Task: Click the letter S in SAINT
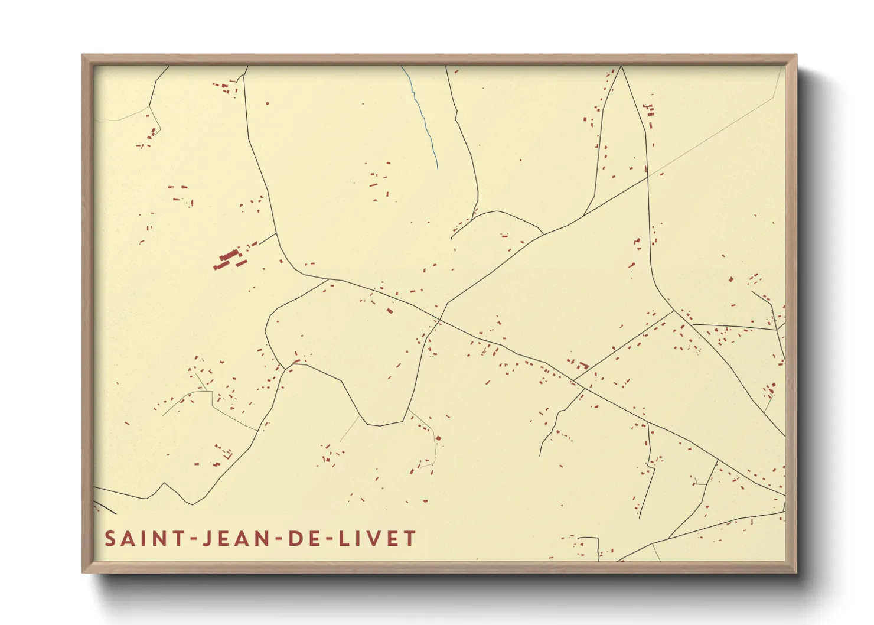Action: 110,539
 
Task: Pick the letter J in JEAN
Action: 206,539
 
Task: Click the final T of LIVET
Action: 410,539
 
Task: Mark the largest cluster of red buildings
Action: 230,258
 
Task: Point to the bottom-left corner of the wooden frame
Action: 83,571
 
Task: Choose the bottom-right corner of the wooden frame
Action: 795,571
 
